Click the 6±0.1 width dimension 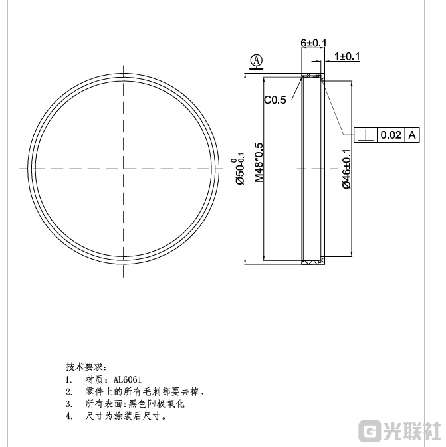coord(314,43)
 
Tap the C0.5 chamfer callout coord(275,100)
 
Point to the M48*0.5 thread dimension coord(260,162)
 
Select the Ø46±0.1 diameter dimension coord(347,169)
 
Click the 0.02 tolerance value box coord(390,135)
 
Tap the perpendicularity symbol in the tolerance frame coord(366,135)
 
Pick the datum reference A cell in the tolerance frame coord(412,135)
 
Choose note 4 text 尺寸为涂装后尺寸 coord(126,417)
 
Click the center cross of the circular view coord(124,169)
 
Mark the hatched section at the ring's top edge coord(312,74)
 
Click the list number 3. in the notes coord(68,404)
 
